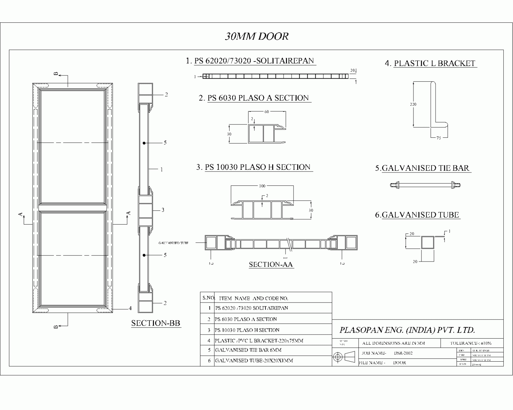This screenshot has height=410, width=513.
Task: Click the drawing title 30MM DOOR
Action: point(256,36)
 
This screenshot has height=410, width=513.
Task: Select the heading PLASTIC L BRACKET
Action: point(435,63)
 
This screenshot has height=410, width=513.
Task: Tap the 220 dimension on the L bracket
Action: point(413,104)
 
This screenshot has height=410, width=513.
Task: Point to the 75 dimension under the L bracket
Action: point(439,138)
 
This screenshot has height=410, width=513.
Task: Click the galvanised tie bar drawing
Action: point(425,184)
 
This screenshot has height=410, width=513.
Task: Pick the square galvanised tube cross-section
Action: point(427,242)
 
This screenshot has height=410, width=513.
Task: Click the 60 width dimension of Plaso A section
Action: point(267,112)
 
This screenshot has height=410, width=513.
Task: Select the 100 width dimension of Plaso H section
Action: point(262,186)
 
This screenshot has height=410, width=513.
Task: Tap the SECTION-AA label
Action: point(271,265)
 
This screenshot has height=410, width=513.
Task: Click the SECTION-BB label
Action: point(156,323)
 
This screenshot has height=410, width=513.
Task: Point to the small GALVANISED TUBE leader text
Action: point(173,243)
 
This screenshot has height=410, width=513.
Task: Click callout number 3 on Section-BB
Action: point(163,210)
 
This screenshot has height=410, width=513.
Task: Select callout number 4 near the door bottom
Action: point(130,308)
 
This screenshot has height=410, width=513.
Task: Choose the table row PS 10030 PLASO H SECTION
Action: point(247,330)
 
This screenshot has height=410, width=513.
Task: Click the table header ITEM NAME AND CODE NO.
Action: point(253,298)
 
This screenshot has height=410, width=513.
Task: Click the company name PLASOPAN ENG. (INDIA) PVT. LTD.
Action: point(407,330)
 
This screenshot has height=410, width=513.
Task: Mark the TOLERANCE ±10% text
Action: point(471,343)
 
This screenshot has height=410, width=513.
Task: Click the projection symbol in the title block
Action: point(344,357)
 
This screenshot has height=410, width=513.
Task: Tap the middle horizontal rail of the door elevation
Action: point(72,207)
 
